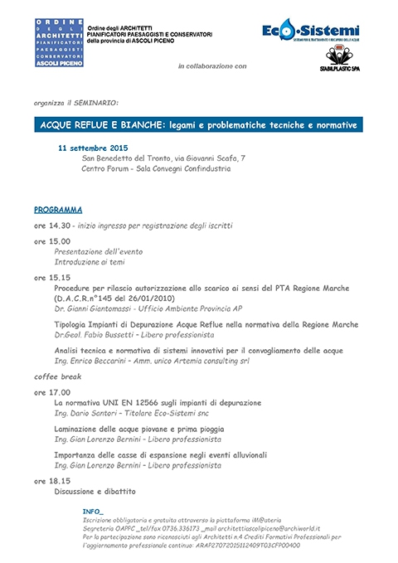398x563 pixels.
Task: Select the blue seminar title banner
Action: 199,124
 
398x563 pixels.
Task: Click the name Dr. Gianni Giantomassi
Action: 92,307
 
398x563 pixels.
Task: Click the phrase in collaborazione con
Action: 212,65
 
